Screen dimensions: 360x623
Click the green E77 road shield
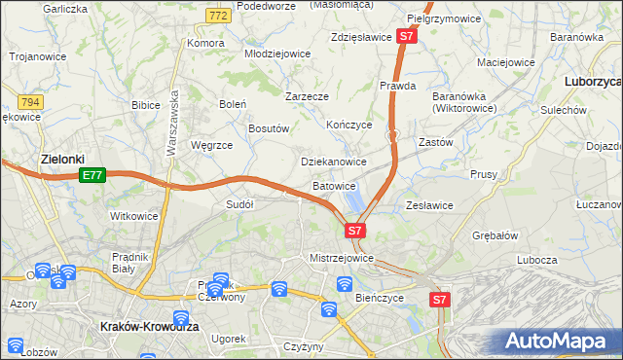click(x=92, y=175)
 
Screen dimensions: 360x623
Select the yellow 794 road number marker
click(x=30, y=100)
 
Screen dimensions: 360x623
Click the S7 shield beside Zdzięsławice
click(x=407, y=37)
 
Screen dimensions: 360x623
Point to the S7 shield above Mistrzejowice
click(x=355, y=231)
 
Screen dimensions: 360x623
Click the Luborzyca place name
click(x=592, y=82)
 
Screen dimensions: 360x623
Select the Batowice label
click(x=335, y=185)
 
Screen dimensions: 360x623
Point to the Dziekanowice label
click(x=333, y=162)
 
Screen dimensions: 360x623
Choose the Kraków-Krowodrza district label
click(x=150, y=328)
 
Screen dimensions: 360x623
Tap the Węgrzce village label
click(x=211, y=145)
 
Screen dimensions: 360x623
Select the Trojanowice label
click(x=38, y=56)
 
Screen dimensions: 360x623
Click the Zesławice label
click(x=429, y=205)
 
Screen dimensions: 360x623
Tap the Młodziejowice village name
click(x=276, y=54)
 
